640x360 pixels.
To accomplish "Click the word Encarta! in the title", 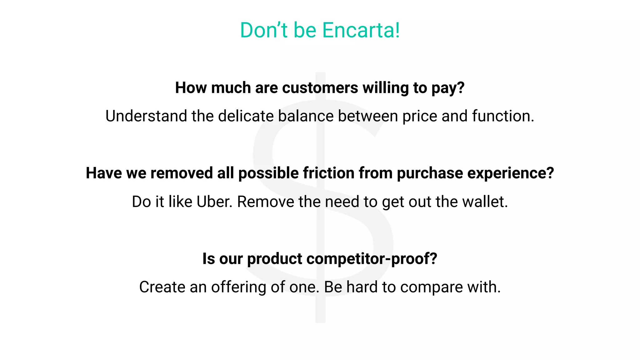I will tap(361, 30).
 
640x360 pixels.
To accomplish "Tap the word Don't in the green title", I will tap(263, 30).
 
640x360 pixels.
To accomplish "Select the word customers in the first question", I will tap(320, 88).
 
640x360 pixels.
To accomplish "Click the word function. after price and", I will tap(503, 116).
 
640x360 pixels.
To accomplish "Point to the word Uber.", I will tap(214, 202).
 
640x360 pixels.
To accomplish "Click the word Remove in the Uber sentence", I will tap(266, 202).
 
